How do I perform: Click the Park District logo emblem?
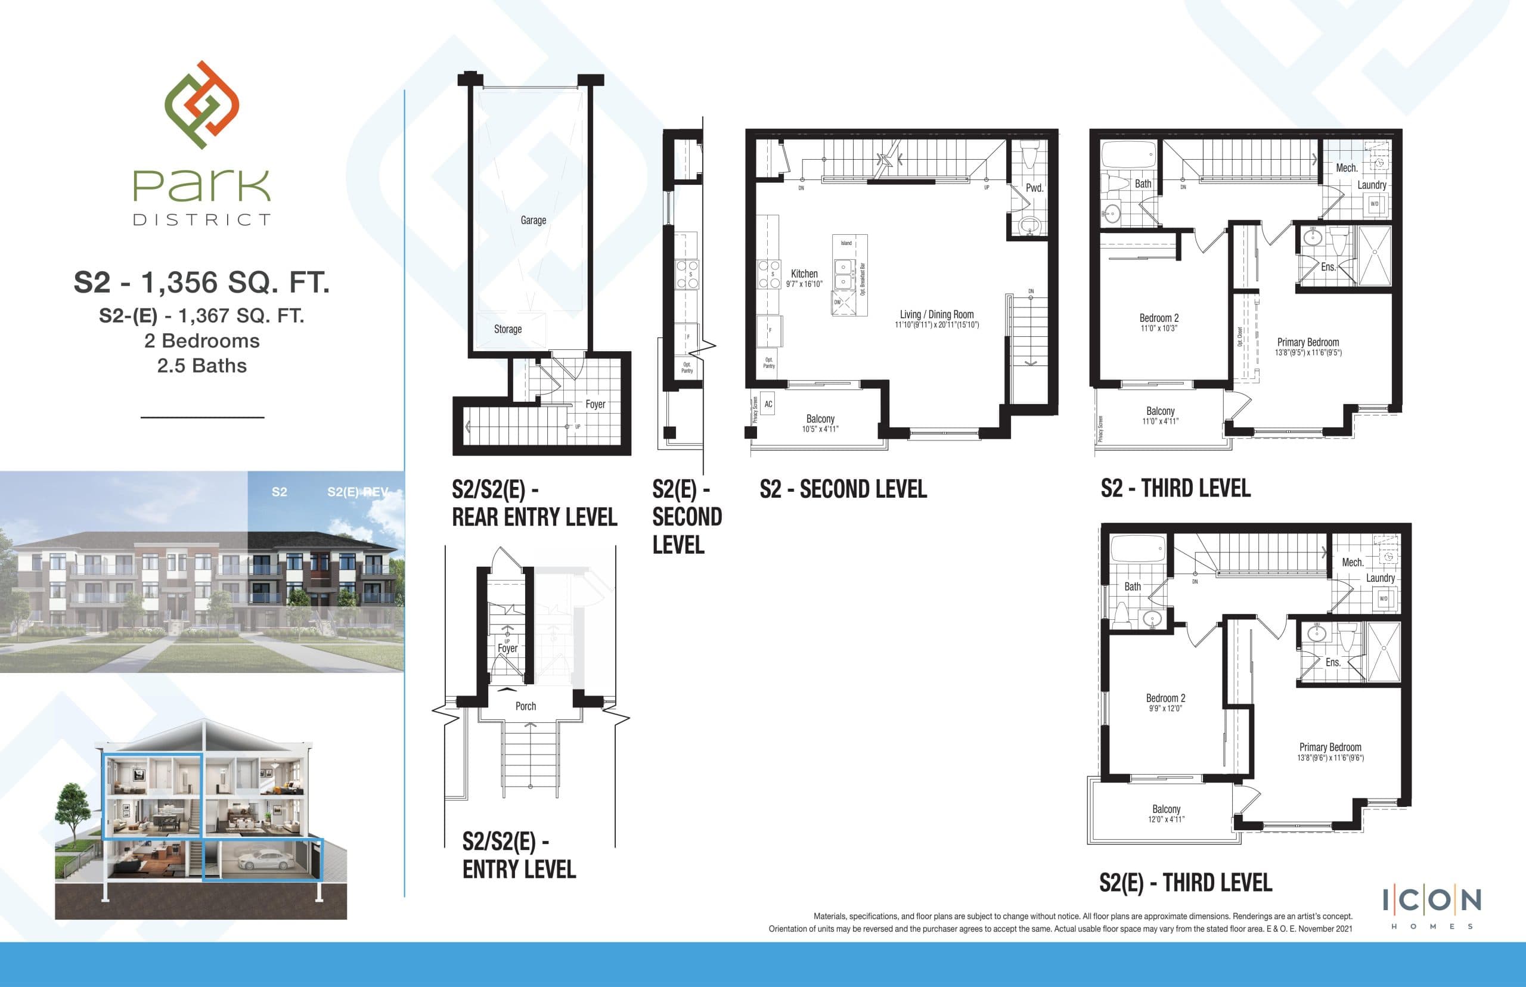[x=201, y=104]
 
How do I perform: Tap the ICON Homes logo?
[x=1432, y=908]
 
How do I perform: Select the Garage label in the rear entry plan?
[x=534, y=221]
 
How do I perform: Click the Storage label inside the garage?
[x=508, y=330]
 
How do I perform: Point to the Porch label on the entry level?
[x=526, y=706]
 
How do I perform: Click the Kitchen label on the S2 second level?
[x=804, y=274]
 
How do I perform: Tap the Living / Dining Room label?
[x=936, y=315]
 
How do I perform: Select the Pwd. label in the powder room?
[x=1034, y=188]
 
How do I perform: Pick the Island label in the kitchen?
[x=846, y=244]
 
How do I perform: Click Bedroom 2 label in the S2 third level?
[x=1159, y=318]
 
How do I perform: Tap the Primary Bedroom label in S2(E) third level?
[x=1330, y=747]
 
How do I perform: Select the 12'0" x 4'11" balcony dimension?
[x=1166, y=820]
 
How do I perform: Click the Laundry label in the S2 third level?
[x=1372, y=185]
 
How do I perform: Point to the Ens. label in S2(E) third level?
[x=1332, y=663]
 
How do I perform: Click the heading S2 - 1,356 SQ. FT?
[x=202, y=283]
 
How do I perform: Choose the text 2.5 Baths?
[x=202, y=366]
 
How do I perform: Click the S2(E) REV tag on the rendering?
[x=358, y=492]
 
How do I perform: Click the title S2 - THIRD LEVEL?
[x=1175, y=488]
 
